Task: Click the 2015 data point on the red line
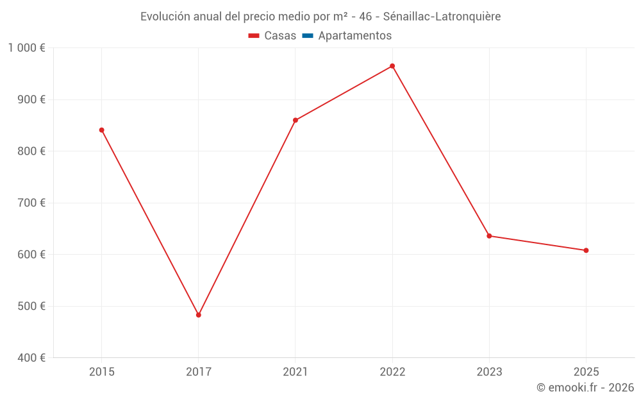(x=101, y=130)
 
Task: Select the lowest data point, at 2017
(x=199, y=315)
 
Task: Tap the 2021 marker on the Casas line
(x=296, y=120)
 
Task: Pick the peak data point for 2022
(x=392, y=66)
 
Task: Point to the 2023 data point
(x=489, y=236)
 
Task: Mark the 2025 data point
(x=586, y=250)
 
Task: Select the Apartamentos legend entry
(x=354, y=36)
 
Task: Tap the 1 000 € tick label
(x=26, y=48)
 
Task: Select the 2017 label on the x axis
(x=199, y=372)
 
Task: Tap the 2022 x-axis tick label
(x=392, y=372)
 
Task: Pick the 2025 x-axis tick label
(x=586, y=372)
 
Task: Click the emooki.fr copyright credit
(x=585, y=388)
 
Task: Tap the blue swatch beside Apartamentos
(x=308, y=36)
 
